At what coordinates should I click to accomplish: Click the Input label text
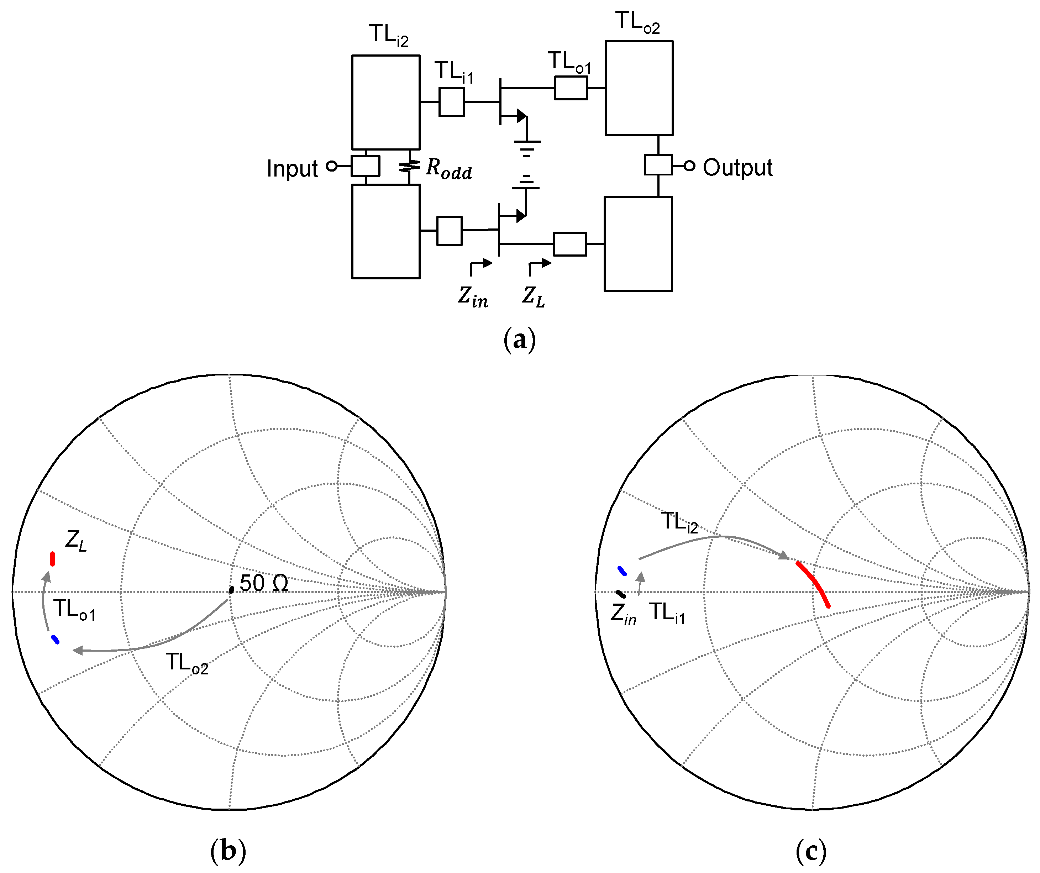click(292, 169)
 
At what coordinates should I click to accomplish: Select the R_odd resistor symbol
click(410, 167)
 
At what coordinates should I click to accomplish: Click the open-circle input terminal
click(332, 166)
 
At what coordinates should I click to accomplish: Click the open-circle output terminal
click(689, 166)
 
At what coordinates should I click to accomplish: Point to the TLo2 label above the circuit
click(637, 23)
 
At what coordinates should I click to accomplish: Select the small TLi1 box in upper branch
click(451, 102)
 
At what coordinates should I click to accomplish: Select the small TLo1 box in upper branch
click(571, 88)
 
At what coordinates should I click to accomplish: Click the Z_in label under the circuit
click(472, 298)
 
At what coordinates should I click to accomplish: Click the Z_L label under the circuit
click(534, 298)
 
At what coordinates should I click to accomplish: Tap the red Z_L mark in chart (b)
click(52, 558)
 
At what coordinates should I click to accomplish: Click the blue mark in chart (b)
click(56, 640)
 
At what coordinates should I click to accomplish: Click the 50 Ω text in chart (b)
click(263, 583)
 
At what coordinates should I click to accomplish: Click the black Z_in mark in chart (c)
click(620, 594)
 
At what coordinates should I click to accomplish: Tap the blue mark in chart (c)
click(622, 571)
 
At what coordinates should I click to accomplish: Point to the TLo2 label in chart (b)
click(187, 663)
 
